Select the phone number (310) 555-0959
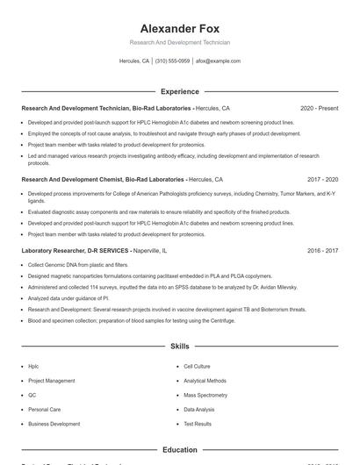pyautogui.click(x=172, y=61)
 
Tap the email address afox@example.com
pyautogui.click(x=218, y=61)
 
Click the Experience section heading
pyautogui.click(x=179, y=91)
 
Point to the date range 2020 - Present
pyautogui.click(x=319, y=108)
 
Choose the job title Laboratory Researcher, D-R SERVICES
pyautogui.click(x=74, y=250)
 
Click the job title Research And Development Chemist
pyautogui.click(x=77, y=179)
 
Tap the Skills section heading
pyautogui.click(x=179, y=347)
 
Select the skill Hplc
pyautogui.click(x=33, y=367)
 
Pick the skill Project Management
pyautogui.click(x=52, y=381)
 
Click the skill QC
pyautogui.click(x=32, y=395)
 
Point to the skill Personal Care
pyautogui.click(x=44, y=409)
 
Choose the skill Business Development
pyautogui.click(x=54, y=423)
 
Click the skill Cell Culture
pyautogui.click(x=197, y=367)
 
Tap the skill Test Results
pyautogui.click(x=197, y=423)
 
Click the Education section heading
pyautogui.click(x=179, y=450)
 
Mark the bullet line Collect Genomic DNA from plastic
pyautogui.click(x=70, y=264)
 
